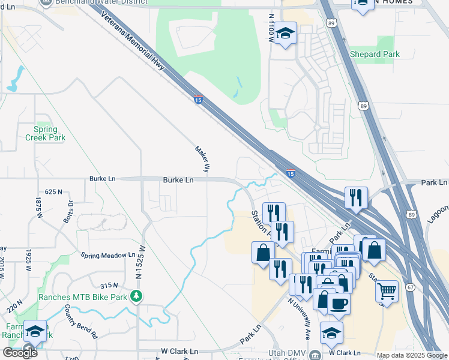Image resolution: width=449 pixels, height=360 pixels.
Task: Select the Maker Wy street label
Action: (x=203, y=160)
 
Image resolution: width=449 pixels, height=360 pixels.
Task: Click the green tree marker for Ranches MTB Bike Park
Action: (x=137, y=296)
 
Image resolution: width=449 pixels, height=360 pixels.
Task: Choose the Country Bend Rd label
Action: (x=81, y=323)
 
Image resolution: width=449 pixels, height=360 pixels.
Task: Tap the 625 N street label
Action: (x=53, y=192)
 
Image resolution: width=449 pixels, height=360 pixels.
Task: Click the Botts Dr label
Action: (x=67, y=211)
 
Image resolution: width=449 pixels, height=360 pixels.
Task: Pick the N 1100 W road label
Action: (x=272, y=28)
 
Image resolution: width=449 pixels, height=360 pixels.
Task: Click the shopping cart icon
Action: (x=387, y=292)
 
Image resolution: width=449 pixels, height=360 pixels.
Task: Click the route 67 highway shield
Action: (x=410, y=287)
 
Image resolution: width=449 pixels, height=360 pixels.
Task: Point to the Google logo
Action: (x=20, y=353)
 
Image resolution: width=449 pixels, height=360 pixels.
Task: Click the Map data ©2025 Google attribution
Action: (x=412, y=355)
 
